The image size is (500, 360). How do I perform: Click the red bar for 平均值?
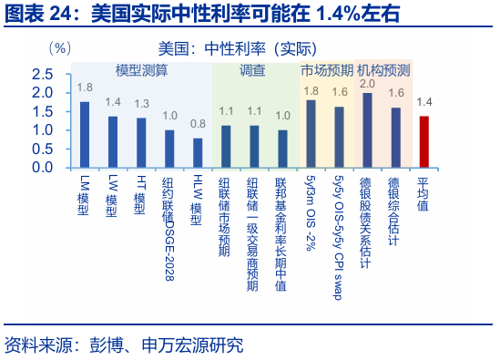point(423,141)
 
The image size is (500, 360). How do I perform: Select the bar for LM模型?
point(85,134)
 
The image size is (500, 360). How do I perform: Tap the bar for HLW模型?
point(198,152)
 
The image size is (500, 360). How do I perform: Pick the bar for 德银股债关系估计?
point(367,129)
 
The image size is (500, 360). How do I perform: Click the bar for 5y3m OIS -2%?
point(311,133)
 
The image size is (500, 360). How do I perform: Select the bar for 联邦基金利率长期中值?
point(282,148)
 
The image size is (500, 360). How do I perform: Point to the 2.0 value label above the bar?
point(367,84)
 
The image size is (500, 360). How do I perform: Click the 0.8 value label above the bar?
point(198,124)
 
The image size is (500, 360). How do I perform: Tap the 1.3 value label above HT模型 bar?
point(141,104)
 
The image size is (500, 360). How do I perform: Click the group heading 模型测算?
point(141,70)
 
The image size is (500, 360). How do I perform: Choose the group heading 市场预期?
point(325,70)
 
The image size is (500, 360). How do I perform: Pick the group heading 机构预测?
point(383,70)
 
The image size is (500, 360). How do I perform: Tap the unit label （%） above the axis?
point(57,46)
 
